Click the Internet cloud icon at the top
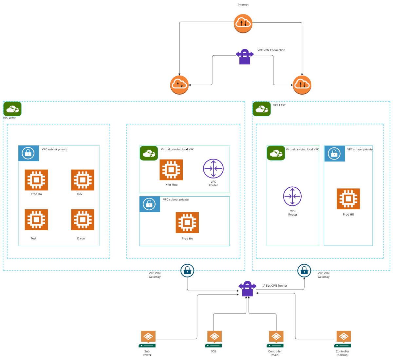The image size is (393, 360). (243, 23)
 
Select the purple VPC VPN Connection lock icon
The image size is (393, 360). (245, 57)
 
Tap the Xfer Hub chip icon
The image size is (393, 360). (171, 170)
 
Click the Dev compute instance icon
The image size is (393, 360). (83, 180)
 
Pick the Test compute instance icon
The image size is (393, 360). (36, 220)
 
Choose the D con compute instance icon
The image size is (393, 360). (83, 220)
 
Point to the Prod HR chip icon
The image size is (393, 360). (348, 199)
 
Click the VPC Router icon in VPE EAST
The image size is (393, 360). (292, 196)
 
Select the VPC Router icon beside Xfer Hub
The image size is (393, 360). (213, 169)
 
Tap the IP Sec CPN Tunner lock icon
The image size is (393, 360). (247, 289)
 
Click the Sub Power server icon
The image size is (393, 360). (147, 339)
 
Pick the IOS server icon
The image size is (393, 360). (214, 339)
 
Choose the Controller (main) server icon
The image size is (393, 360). (275, 339)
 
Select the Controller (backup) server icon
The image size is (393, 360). (343, 339)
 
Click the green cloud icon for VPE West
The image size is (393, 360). (12, 109)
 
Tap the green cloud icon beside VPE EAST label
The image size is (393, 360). (261, 109)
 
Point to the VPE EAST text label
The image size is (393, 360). (279, 105)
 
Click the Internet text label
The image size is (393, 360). (243, 5)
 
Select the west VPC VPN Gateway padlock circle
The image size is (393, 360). (187, 271)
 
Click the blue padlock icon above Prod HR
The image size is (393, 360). (334, 154)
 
